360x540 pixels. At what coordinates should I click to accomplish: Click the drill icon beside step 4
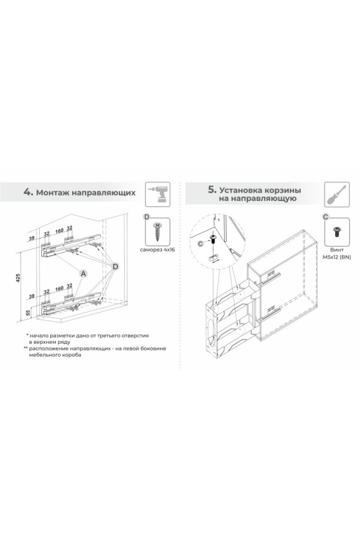(158, 194)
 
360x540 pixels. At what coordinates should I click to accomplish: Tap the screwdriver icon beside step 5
(337, 194)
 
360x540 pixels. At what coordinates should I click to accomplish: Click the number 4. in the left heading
(28, 191)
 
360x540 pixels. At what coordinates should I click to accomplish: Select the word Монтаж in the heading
(53, 192)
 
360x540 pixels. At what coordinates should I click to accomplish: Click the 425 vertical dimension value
(19, 278)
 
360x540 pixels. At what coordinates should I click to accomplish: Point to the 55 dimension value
(29, 313)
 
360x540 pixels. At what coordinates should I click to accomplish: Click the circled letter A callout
(83, 273)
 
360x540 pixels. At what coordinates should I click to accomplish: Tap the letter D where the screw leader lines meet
(116, 266)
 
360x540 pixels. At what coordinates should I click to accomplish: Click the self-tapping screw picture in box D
(158, 232)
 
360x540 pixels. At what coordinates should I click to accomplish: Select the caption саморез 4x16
(157, 250)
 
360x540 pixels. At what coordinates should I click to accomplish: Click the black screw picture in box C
(337, 232)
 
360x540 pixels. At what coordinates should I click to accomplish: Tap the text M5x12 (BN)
(337, 257)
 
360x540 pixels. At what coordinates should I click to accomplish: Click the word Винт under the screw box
(337, 250)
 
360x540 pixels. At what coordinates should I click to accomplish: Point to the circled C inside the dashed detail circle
(201, 244)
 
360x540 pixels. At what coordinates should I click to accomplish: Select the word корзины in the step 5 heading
(282, 190)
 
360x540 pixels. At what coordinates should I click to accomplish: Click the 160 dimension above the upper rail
(59, 230)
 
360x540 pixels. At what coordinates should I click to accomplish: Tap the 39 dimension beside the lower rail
(32, 296)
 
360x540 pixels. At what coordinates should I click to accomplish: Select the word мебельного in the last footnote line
(43, 355)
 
